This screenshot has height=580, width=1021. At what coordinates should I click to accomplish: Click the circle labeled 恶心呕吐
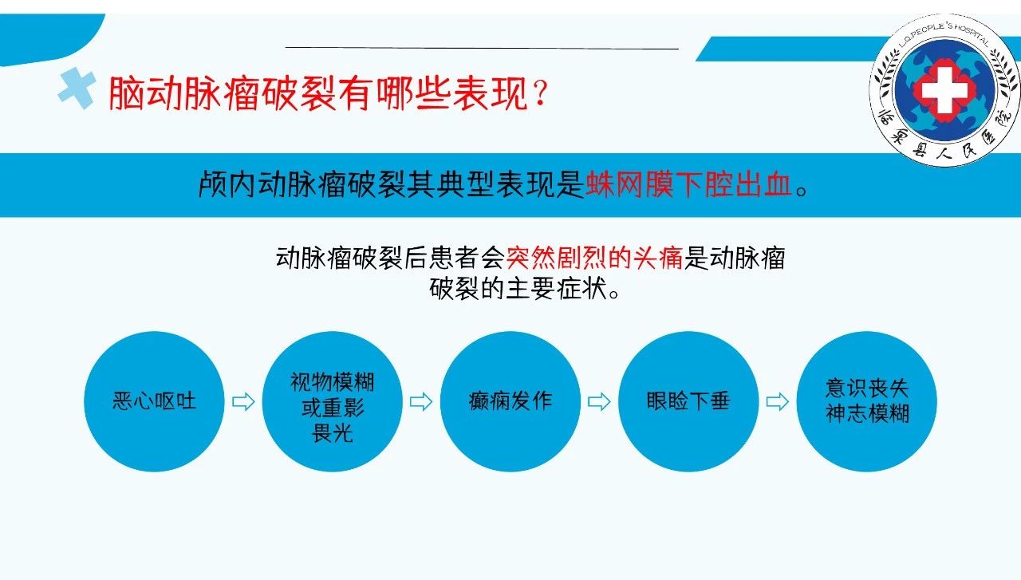pyautogui.click(x=154, y=401)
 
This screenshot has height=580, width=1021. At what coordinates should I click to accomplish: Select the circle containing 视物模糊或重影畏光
pyautogui.click(x=333, y=401)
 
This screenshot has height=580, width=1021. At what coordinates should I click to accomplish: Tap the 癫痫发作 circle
pyautogui.click(x=510, y=401)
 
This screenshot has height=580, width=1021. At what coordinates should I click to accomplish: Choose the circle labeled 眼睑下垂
pyautogui.click(x=688, y=401)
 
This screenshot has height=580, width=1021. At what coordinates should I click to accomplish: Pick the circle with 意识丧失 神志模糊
pyautogui.click(x=866, y=401)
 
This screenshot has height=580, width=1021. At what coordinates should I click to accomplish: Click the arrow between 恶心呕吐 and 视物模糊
pyautogui.click(x=243, y=402)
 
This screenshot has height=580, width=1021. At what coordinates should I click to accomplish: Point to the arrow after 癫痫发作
pyautogui.click(x=599, y=402)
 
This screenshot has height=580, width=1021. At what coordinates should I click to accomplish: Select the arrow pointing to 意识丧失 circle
pyautogui.click(x=778, y=402)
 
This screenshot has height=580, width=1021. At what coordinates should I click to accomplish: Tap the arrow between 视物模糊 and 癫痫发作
pyautogui.click(x=421, y=402)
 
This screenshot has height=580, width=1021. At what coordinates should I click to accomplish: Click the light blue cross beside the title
pyautogui.click(x=77, y=89)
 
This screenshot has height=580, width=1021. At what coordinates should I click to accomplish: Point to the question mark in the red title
pyautogui.click(x=541, y=93)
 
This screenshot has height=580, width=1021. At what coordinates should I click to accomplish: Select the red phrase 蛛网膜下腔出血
pyautogui.click(x=688, y=184)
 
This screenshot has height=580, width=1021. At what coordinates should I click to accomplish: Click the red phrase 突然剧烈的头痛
pyautogui.click(x=594, y=258)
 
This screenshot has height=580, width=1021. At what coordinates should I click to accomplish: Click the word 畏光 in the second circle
pyautogui.click(x=333, y=432)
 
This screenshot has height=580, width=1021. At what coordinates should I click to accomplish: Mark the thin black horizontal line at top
pyautogui.click(x=482, y=47)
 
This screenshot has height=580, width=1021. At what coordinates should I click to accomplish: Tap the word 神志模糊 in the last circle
pyautogui.click(x=867, y=413)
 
